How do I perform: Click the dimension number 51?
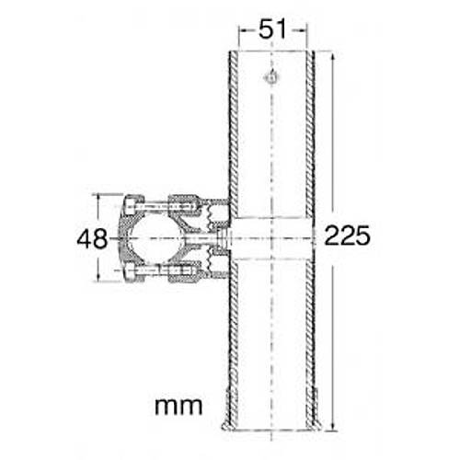point(272,29)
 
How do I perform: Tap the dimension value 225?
point(347,236)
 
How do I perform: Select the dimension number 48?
point(92,239)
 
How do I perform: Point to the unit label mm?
point(178,407)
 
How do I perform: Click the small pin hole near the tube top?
point(270,77)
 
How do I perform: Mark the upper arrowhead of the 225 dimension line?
point(332,57)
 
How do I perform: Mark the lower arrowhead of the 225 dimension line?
point(332,427)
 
